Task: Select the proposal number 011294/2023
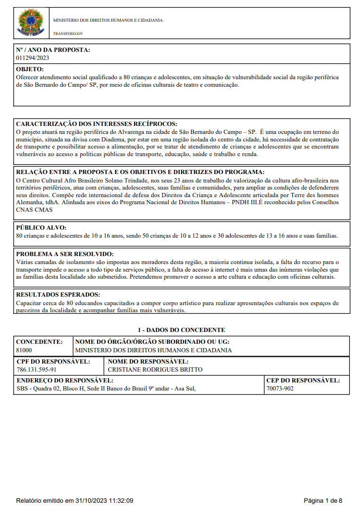point(33,58)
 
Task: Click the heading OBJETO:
point(30,69)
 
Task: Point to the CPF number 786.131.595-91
point(36,370)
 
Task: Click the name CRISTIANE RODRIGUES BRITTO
point(155,370)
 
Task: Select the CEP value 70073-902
point(280,389)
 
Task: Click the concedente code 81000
point(24,350)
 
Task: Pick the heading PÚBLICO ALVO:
point(42,227)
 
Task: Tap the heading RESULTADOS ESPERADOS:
point(58,294)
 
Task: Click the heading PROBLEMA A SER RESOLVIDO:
point(65,254)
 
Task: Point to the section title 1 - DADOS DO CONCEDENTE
point(181,330)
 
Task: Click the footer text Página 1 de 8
point(323,500)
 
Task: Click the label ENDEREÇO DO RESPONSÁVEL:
point(65,380)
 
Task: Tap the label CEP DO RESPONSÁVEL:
point(303,380)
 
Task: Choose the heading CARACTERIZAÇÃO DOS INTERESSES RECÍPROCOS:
point(97,124)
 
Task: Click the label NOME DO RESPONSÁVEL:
point(148,362)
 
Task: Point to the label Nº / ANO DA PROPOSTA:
point(53,50)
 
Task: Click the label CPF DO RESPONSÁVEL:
point(53,362)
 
